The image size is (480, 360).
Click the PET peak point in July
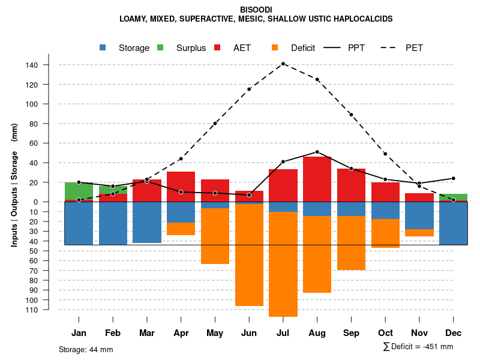pos(283,64)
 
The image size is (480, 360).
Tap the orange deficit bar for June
pos(249,255)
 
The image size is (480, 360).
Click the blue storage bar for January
pos(79,223)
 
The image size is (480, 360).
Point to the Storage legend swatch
pos(104,48)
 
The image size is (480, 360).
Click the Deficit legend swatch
pos(275,48)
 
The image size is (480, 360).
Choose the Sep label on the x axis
pos(351,333)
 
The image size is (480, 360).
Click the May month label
pos(215,333)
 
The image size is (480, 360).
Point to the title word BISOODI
pos(256,10)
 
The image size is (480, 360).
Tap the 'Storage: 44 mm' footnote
pos(86,349)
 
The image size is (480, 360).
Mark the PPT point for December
pos(454,178)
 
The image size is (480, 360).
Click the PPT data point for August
pos(317,152)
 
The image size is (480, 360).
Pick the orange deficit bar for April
pos(181,229)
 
